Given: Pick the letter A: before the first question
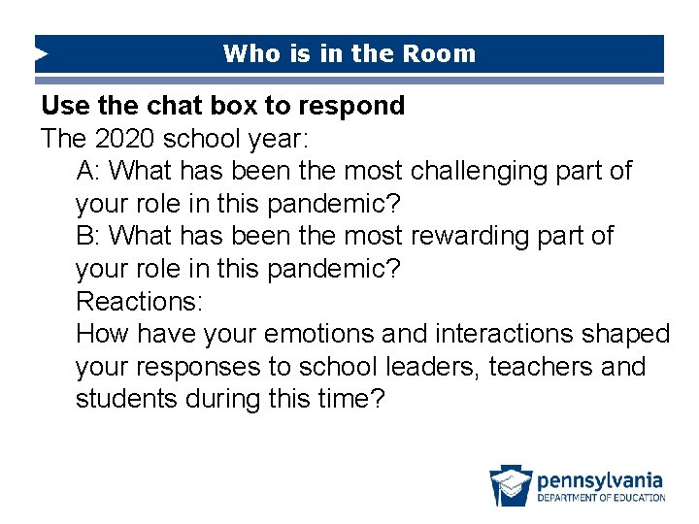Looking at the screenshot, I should click(x=88, y=172).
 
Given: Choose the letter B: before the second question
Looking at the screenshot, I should click(x=88, y=237).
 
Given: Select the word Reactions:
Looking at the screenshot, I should click(x=139, y=302).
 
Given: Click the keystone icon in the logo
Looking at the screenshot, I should click(x=511, y=486).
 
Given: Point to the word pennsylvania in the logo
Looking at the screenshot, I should click(x=600, y=479).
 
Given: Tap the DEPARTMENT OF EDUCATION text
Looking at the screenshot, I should click(x=601, y=498).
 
